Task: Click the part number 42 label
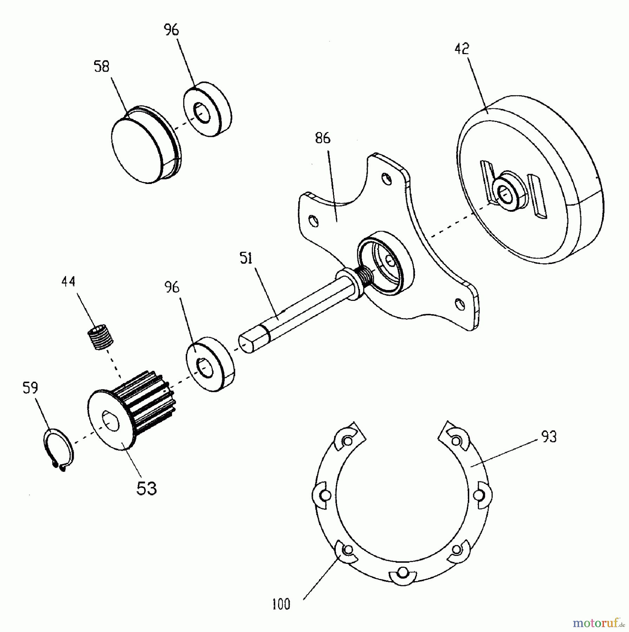[x=461, y=49]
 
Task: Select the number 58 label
[x=101, y=66]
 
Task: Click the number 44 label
[x=68, y=282]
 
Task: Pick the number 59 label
[x=30, y=389]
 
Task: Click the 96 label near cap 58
[x=171, y=31]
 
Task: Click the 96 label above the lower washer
[x=171, y=287]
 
